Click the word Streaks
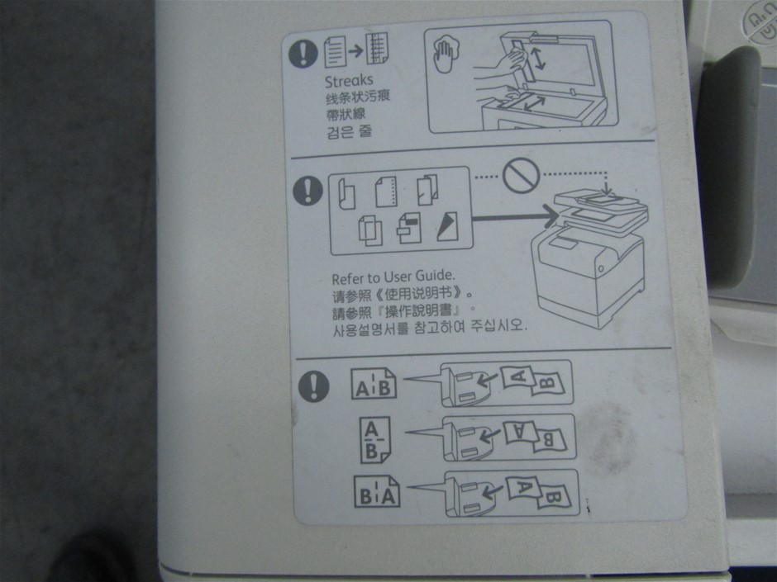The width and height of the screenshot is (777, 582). pyautogui.click(x=348, y=81)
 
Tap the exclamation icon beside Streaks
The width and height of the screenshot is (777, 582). pyautogui.click(x=303, y=53)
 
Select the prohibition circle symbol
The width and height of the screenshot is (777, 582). pyautogui.click(x=521, y=174)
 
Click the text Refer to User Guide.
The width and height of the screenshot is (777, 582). pyautogui.click(x=393, y=277)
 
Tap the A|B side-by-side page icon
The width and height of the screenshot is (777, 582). pyautogui.click(x=373, y=384)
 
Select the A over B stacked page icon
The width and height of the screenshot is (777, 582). pyautogui.click(x=375, y=439)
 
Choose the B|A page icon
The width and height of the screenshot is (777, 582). pyautogui.click(x=377, y=491)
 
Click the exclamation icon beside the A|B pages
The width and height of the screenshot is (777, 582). pyautogui.click(x=313, y=386)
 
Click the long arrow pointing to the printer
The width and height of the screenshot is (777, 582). pyautogui.click(x=515, y=216)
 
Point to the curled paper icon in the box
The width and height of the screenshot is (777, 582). pyautogui.click(x=346, y=193)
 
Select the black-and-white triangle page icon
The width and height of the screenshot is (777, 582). pyautogui.click(x=447, y=227)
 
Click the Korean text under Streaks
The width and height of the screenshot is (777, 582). pyautogui.click(x=348, y=131)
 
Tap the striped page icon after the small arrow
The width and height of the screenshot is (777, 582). pyautogui.click(x=377, y=49)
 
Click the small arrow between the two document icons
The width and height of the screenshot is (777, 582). pyautogui.click(x=355, y=50)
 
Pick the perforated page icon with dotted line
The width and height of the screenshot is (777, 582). pyautogui.click(x=387, y=192)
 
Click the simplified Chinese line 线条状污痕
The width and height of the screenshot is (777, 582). pyautogui.click(x=357, y=97)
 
